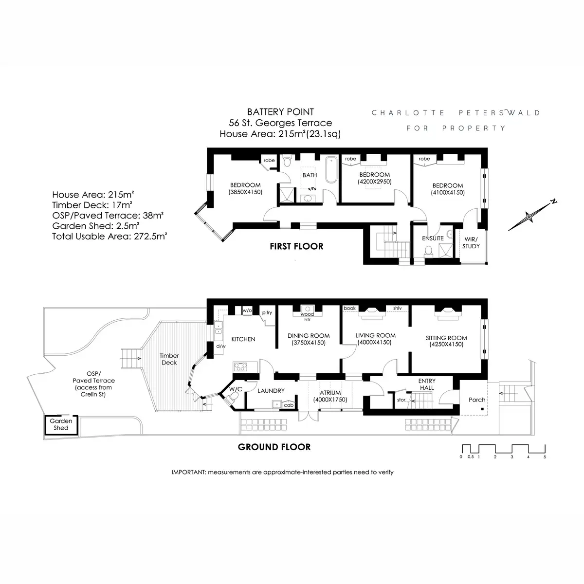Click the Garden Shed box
[61, 424]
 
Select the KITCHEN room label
[243, 339]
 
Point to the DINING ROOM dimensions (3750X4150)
[309, 343]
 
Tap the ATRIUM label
[330, 393]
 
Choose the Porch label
[477, 400]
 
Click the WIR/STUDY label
[471, 242]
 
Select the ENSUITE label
[433, 238]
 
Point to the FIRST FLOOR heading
[296, 246]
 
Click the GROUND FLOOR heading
[274, 447]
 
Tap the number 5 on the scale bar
[545, 457]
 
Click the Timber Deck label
[168, 359]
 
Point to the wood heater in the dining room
[307, 310]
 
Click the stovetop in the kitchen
[240, 366]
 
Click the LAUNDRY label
[271, 391]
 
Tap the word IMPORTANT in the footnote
[189, 472]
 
